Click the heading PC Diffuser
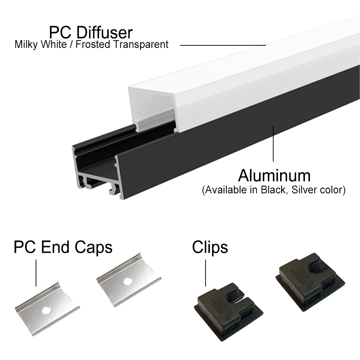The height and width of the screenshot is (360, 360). [91, 32]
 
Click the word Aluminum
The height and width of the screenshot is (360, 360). [274, 176]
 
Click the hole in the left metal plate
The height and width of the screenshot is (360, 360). [46, 310]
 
